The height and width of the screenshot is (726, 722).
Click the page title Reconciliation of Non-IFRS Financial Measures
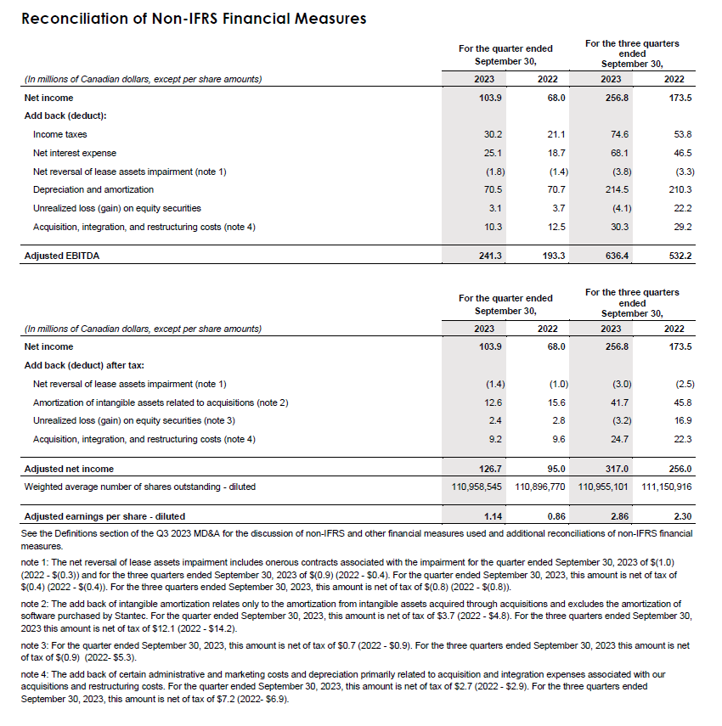(x=194, y=18)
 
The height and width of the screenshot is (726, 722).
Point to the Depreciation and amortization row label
(x=93, y=189)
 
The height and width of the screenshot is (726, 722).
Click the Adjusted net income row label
(x=69, y=468)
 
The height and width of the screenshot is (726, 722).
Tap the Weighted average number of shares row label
(x=140, y=487)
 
